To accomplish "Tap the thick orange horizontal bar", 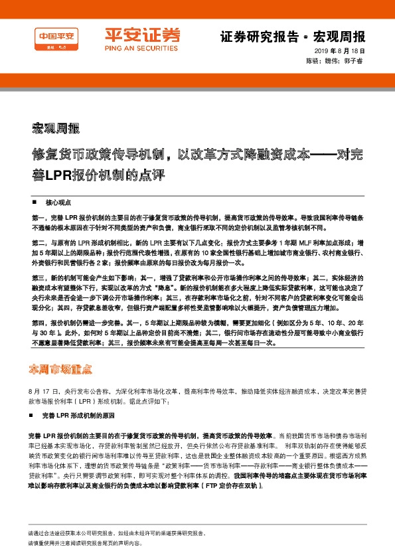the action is [x=197, y=80].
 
